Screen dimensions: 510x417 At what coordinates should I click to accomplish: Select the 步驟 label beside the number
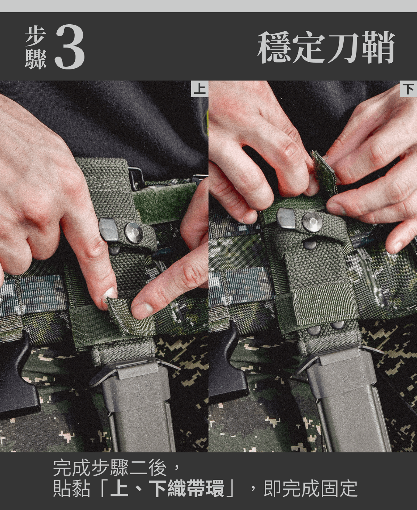pos(35,48)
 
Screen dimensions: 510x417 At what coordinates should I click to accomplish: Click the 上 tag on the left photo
pos(199,89)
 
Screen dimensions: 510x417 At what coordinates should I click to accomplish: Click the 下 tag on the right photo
pos(408,89)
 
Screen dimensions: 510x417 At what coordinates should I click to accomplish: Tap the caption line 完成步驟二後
pos(111,468)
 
